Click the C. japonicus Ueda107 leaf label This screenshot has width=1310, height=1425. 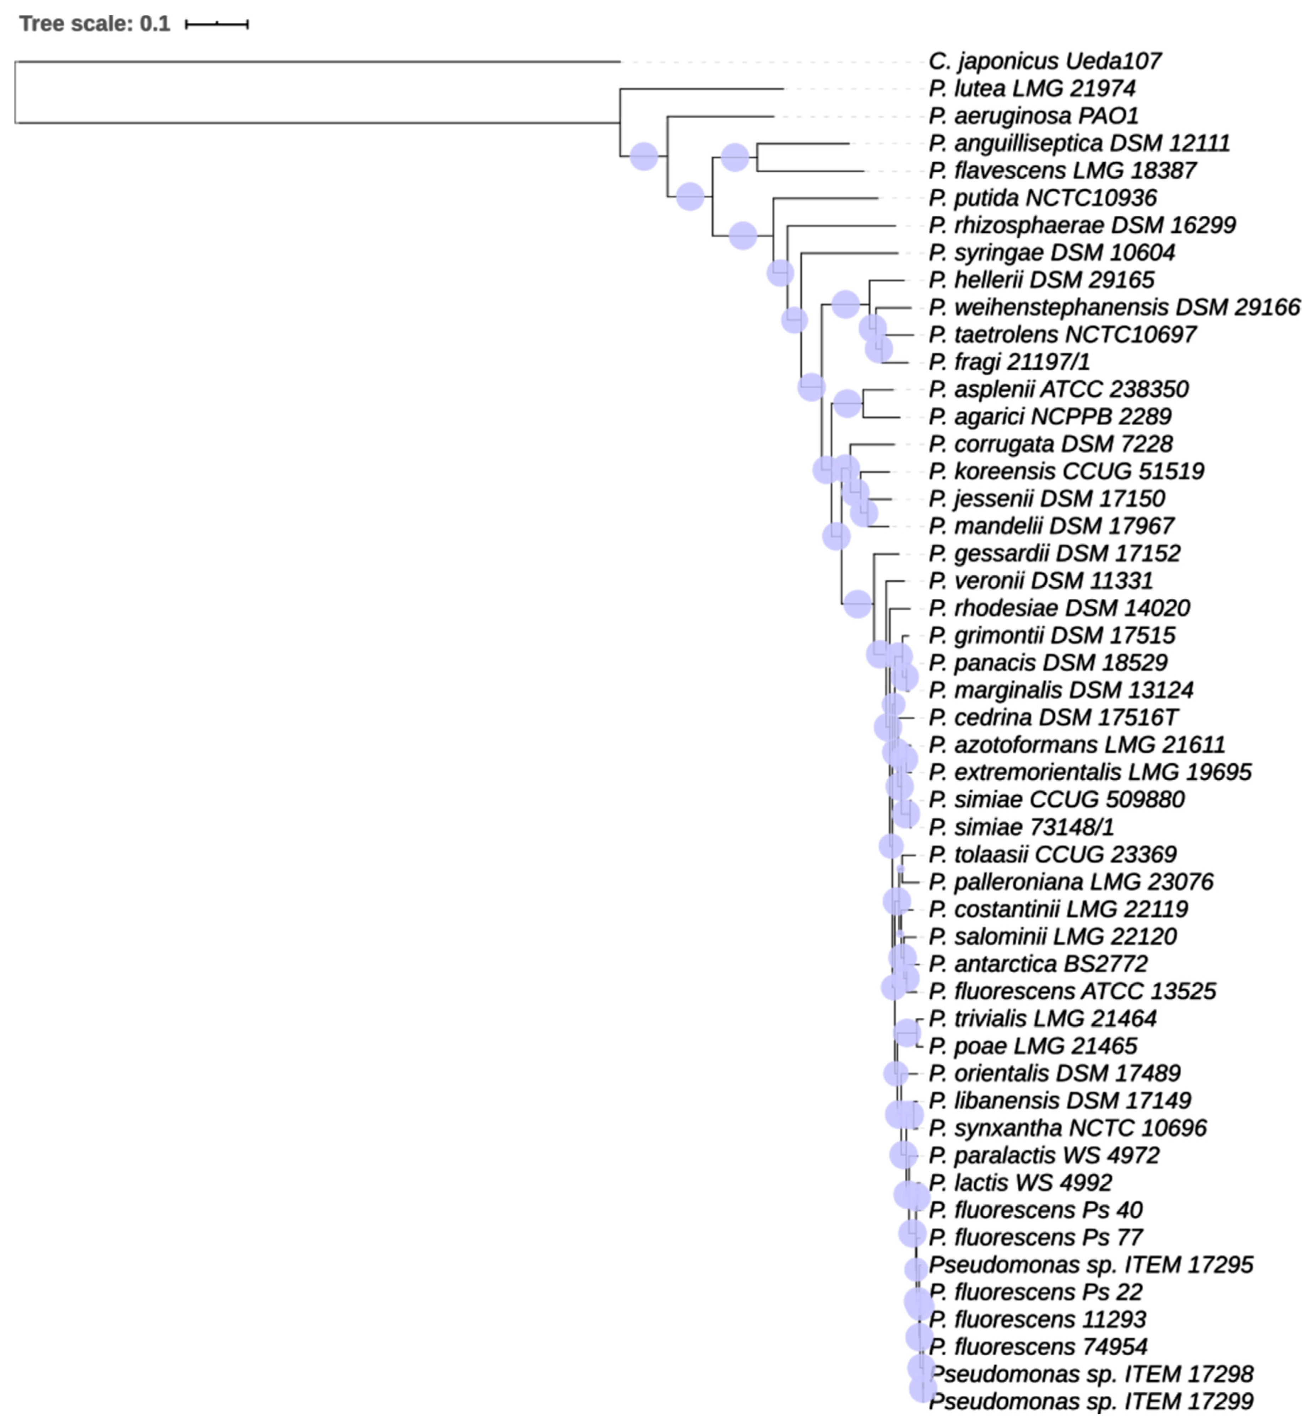(1044, 62)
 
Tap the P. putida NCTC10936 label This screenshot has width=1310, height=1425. (1042, 198)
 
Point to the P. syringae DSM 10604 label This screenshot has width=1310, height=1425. (1051, 253)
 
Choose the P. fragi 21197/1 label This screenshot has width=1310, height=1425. (1009, 362)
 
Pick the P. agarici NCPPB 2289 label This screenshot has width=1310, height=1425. (1049, 416)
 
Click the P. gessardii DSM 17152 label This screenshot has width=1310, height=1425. (1054, 553)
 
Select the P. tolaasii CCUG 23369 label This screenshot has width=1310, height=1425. (1052, 854)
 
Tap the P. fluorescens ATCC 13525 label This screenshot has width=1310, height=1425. (1072, 991)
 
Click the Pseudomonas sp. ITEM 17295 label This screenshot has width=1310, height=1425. (1090, 1265)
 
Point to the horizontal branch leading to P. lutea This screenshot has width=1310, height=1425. (702, 89)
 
